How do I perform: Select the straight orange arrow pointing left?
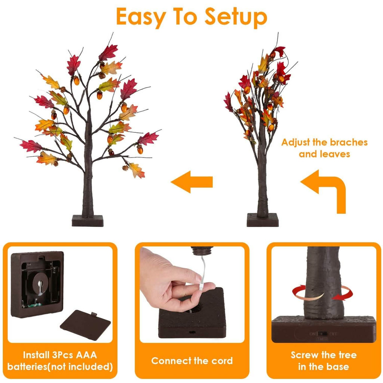point(192,182)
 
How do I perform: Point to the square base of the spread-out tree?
point(88,221)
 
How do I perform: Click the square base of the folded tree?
point(263,220)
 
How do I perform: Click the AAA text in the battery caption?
point(86,355)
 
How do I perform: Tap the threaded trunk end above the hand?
point(202,251)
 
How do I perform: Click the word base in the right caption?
point(338,367)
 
